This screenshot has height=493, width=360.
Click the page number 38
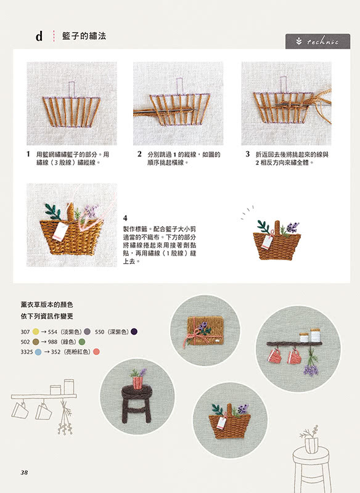coord(24,472)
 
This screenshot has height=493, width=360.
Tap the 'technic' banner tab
coord(317,41)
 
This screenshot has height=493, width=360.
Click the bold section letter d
coord(39,36)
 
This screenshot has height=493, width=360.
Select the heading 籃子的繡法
coord(84,36)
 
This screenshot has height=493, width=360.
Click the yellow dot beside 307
coord(36,332)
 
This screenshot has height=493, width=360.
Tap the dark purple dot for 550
coord(134,332)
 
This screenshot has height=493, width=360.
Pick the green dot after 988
coord(82,342)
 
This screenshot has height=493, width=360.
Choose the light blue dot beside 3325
coord(38,352)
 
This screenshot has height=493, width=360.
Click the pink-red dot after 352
coord(96,352)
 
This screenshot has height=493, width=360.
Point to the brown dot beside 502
coord(36,342)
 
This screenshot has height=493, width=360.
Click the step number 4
coord(125,218)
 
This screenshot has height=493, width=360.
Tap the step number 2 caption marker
coord(139,153)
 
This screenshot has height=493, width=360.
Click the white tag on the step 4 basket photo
coord(60,231)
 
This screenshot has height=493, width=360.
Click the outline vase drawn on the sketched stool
coord(311,445)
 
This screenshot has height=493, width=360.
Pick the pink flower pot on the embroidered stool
coord(137,383)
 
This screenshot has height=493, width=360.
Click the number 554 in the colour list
coord(52,332)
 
